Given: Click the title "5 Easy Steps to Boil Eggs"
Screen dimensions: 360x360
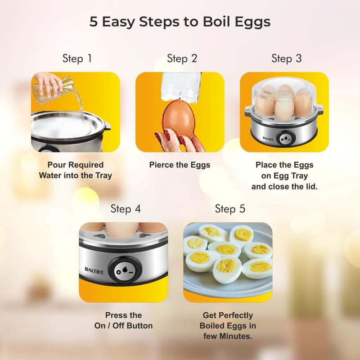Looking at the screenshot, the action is click(180, 22).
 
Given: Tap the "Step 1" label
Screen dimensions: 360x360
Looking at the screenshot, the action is click(77, 58).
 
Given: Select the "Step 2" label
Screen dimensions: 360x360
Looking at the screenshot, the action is click(182, 58).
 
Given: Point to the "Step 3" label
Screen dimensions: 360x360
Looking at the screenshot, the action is click(287, 58).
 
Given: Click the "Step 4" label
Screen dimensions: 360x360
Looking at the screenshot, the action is click(126, 209).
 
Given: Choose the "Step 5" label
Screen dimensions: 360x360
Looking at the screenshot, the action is click(230, 209).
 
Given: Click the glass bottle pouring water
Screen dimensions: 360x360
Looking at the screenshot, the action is click(54, 90).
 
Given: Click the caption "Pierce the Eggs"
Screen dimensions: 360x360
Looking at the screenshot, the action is click(180, 165).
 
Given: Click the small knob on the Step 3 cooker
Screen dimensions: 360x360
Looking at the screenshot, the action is click(285, 139).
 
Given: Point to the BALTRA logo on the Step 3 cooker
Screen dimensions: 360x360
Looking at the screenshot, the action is click(268, 139).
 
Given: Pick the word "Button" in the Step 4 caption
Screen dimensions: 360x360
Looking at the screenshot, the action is click(139, 326).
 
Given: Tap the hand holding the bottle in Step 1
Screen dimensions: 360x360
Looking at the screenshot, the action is click(49, 84).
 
